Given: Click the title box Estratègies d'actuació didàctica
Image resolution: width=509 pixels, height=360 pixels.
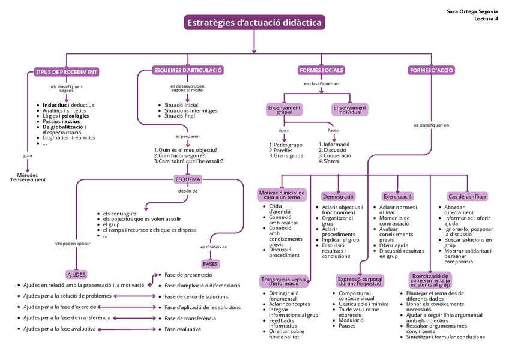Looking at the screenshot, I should point(254,23).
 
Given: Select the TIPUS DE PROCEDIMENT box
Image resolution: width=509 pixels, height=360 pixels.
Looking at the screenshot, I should point(66,72).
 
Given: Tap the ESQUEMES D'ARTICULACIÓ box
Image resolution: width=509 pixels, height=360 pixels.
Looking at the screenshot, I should point(188,70).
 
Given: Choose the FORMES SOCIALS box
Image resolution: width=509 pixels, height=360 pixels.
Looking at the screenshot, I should point(321,70).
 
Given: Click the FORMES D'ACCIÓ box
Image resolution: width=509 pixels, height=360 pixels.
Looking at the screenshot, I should point(431,70).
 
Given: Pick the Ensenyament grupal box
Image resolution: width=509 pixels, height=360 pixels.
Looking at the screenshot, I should point(285,109).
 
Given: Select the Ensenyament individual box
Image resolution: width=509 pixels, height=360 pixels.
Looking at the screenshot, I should point(349,109).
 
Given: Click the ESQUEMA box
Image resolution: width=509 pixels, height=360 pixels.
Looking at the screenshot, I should point(188,179).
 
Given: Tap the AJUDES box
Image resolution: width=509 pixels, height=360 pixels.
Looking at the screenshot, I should point(76,274).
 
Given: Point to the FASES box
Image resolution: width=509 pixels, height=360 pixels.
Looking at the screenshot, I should point(211,263).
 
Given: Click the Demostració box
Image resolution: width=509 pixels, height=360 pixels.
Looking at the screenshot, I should point(338,196).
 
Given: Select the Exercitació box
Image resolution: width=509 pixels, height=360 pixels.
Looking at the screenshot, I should point(397,196).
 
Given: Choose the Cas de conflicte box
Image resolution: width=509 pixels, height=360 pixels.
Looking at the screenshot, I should point(467,196).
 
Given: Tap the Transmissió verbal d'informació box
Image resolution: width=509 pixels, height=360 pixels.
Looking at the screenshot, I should point(284,281).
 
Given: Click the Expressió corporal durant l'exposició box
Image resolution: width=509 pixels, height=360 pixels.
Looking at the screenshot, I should point(360,281).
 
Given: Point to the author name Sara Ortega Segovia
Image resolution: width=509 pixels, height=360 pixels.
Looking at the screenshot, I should point(472,11).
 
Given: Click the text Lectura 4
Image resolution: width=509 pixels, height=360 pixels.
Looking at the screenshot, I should point(486,19).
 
